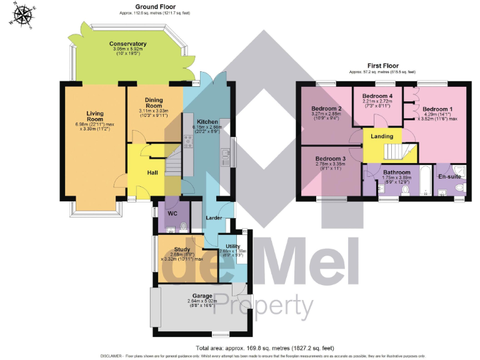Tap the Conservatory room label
(127, 44)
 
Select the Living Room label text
(95, 116)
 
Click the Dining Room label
(154, 102)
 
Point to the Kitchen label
(207, 121)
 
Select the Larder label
(215, 217)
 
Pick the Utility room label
(232, 247)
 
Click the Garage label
(202, 295)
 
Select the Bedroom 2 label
(326, 109)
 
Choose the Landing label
(382, 136)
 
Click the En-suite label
(449, 177)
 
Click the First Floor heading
(384, 66)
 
